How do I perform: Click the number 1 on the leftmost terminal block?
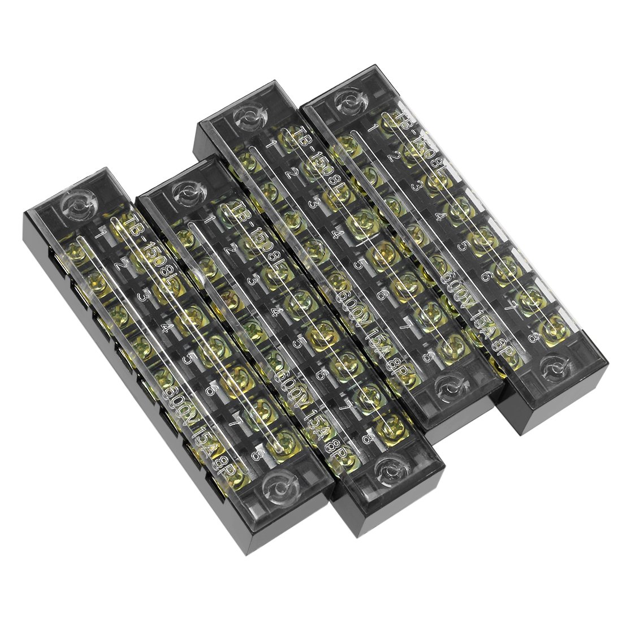[x=102, y=232]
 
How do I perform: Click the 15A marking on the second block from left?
[x=314, y=421]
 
